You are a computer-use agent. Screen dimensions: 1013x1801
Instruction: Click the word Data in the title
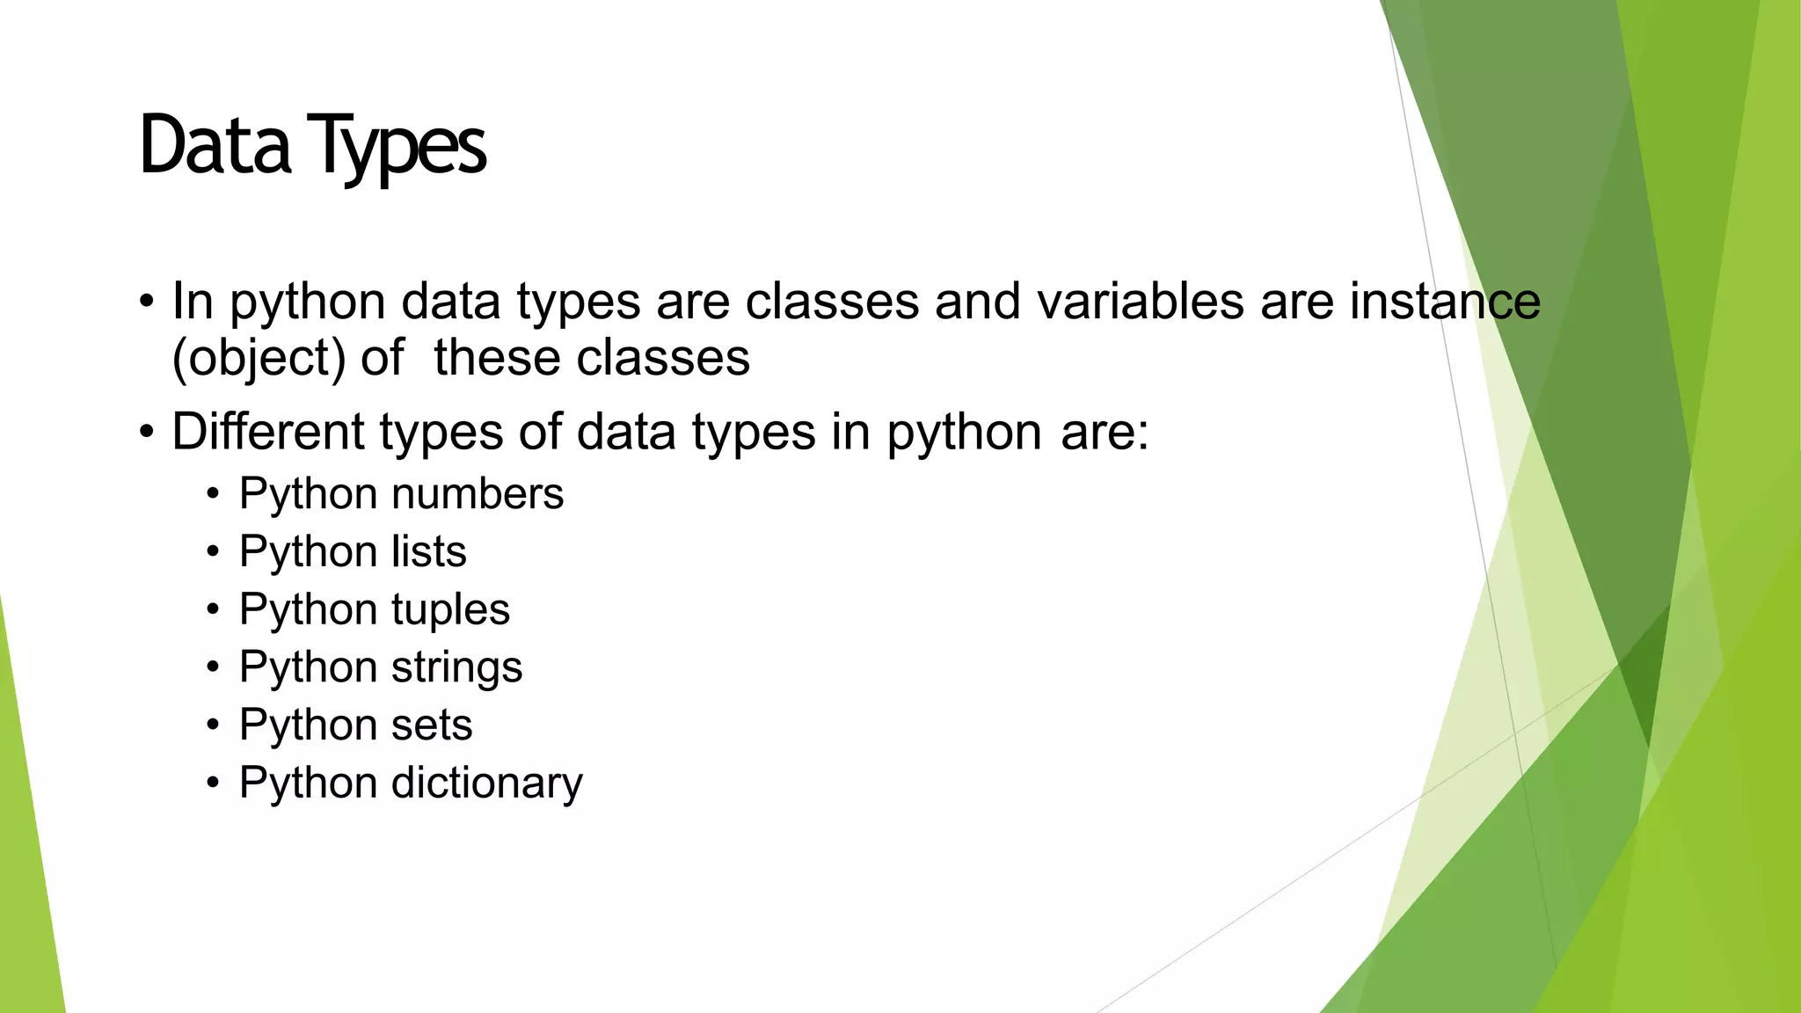click(215, 145)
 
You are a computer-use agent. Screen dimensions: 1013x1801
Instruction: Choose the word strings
click(456, 667)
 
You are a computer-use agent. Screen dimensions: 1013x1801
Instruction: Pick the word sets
click(431, 725)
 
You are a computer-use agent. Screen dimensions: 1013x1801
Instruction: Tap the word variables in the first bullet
click(1139, 302)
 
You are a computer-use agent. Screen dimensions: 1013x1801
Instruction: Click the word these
click(496, 358)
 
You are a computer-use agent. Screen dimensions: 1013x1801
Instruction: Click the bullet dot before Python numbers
click(213, 494)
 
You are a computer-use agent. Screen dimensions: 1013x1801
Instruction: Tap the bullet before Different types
click(147, 433)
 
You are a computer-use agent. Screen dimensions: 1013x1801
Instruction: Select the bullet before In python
click(147, 302)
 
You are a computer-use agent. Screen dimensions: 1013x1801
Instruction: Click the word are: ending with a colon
click(1105, 434)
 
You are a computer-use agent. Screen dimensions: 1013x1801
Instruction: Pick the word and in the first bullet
click(977, 302)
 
